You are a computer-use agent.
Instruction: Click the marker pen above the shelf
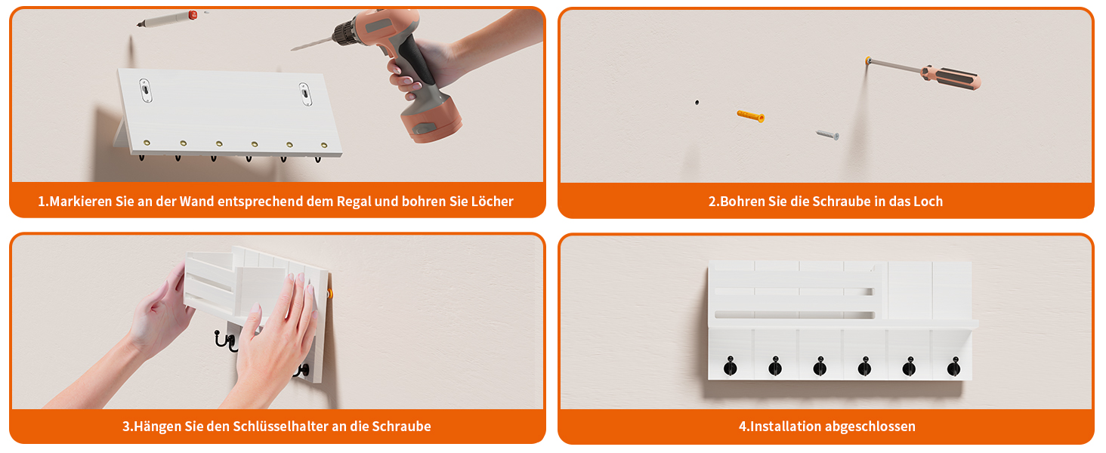[x=167, y=19]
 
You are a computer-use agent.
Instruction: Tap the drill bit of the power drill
[x=312, y=44]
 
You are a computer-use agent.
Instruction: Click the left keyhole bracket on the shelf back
[x=145, y=91]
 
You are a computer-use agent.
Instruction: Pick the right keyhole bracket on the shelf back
[x=305, y=94]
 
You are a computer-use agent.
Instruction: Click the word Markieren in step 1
[x=81, y=202]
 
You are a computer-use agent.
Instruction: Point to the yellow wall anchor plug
[x=750, y=116]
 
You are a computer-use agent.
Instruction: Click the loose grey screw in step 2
[x=827, y=134]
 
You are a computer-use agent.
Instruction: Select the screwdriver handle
[x=951, y=78]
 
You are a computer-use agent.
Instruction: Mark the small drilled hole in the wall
[x=697, y=103]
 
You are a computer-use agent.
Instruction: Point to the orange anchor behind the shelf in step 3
[x=329, y=294]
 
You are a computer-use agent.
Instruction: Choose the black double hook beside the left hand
[x=226, y=341]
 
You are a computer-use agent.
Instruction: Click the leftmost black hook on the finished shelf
[x=731, y=366]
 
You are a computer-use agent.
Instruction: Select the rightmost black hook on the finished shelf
[x=953, y=366]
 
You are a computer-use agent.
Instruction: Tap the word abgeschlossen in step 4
[x=870, y=427]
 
